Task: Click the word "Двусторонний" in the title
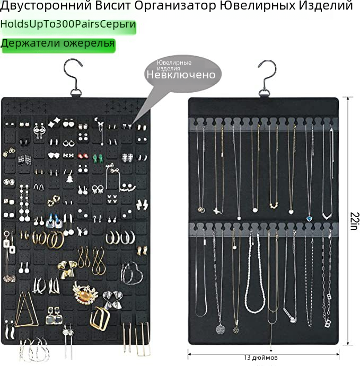pos(46,5)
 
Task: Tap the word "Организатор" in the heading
pos(175,5)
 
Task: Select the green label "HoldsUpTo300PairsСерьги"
pos(68,24)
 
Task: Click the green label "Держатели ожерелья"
pos(58,43)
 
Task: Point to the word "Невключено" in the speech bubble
pos(181,75)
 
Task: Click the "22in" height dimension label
pos(354,221)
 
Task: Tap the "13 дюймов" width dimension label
pos(260,358)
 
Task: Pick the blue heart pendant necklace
pos(309,218)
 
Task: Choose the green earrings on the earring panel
pos(98,158)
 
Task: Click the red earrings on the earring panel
pos(83,155)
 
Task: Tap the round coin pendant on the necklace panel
pos(220,329)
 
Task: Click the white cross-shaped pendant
pos(217,211)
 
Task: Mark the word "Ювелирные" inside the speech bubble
pos(174,63)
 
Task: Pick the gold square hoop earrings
pos(100,319)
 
